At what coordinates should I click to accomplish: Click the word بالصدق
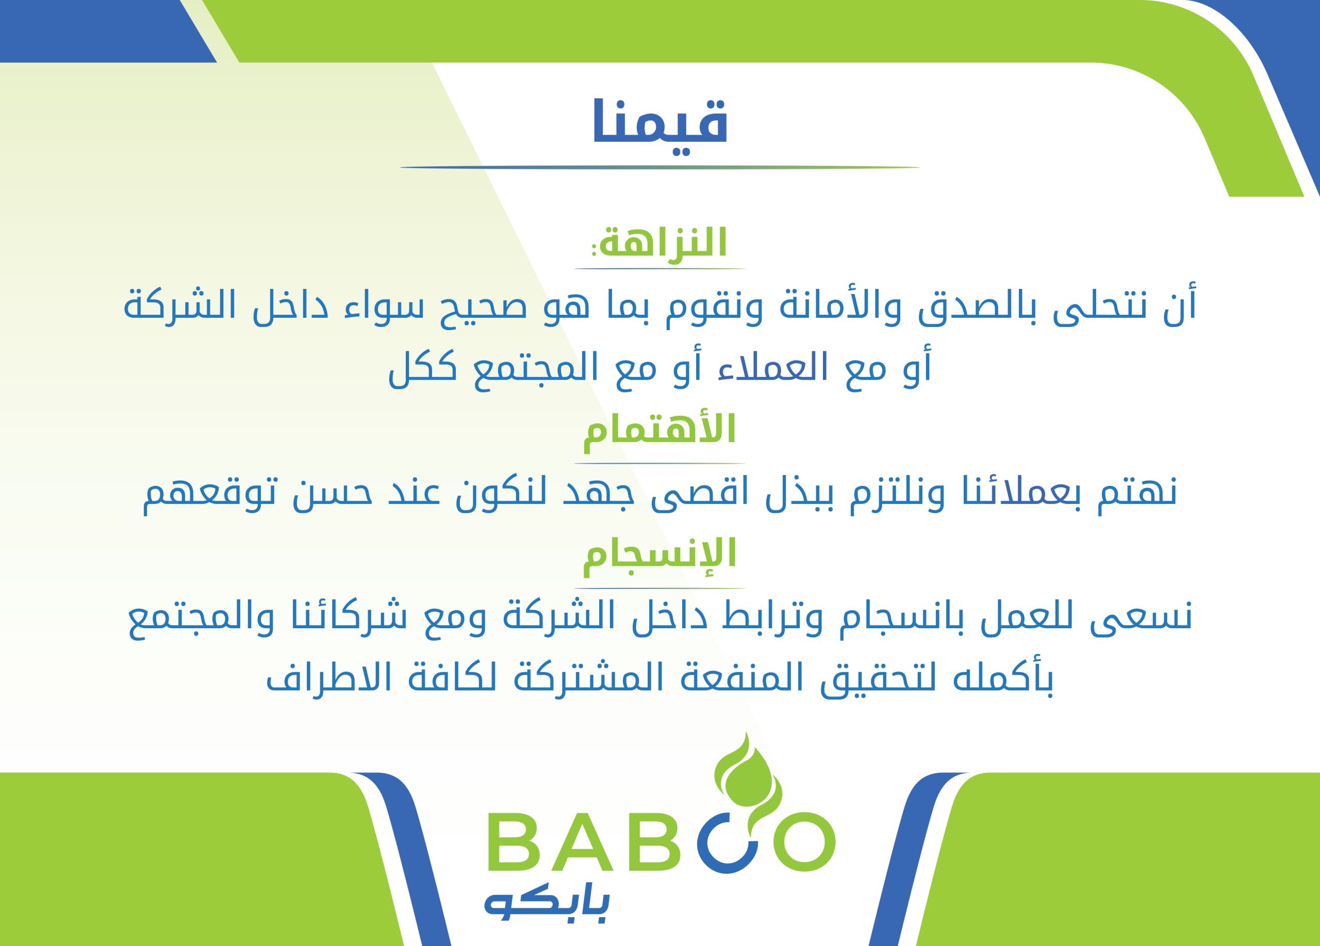(x=973, y=306)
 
